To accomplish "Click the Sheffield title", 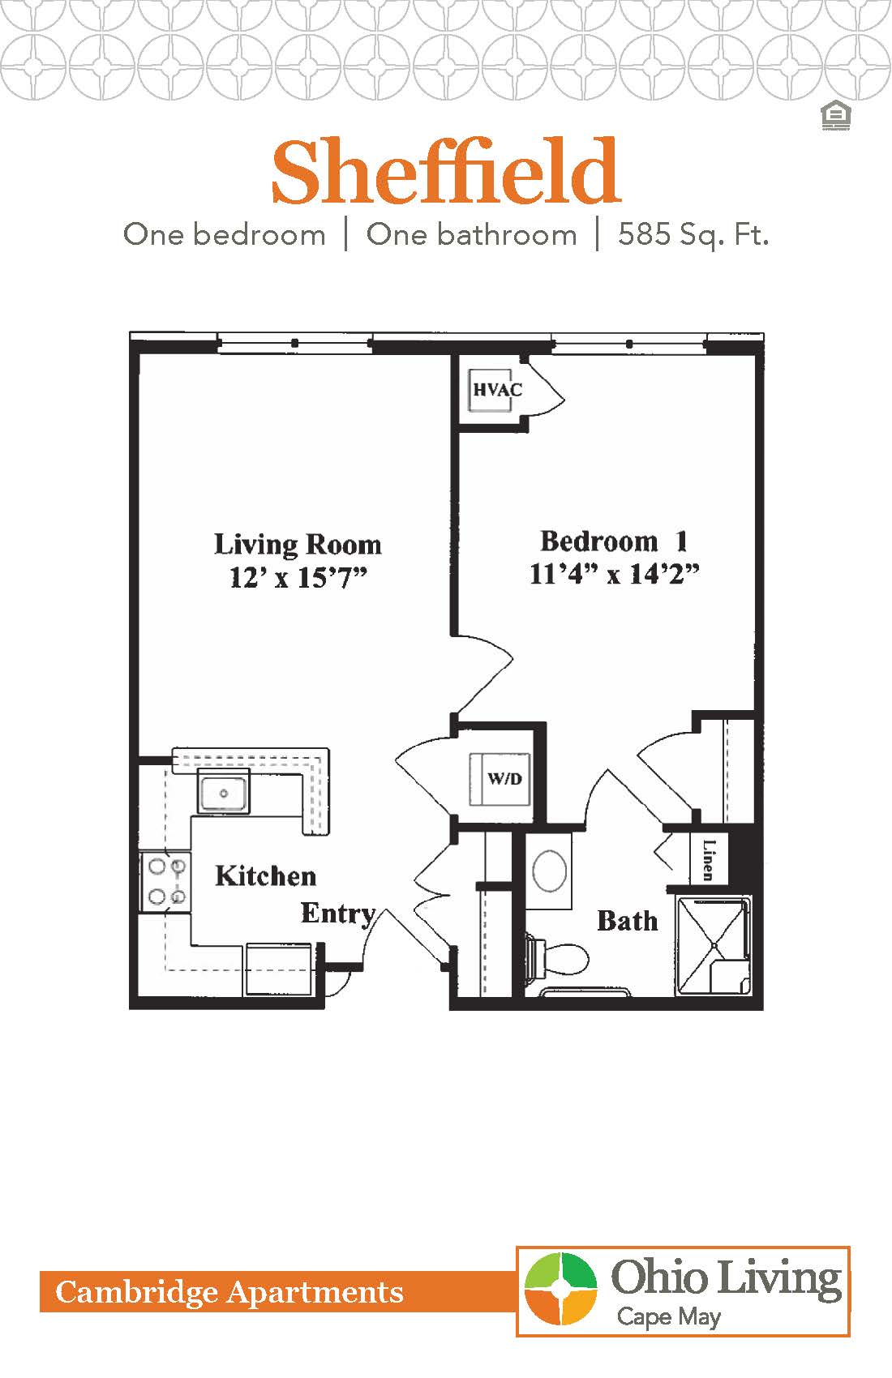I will click(x=446, y=173).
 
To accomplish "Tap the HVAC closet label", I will click(x=497, y=390).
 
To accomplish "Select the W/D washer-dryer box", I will click(x=500, y=779).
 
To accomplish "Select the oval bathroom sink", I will click(x=551, y=871).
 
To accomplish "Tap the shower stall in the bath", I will click(x=714, y=945).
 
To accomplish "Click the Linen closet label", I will click(x=708, y=859).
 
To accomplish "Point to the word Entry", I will click(x=338, y=914).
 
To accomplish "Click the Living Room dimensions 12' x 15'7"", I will click(x=298, y=578).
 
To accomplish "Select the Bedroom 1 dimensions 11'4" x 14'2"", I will click(x=614, y=574).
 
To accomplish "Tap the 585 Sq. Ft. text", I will click(x=693, y=235).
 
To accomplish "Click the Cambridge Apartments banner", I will click(x=229, y=1291).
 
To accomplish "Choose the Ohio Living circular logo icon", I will click(x=560, y=1288).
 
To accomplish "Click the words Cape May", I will click(x=668, y=1316).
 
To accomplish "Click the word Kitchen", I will click(x=265, y=875).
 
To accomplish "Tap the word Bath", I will click(x=627, y=921).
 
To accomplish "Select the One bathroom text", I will click(x=471, y=235).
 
